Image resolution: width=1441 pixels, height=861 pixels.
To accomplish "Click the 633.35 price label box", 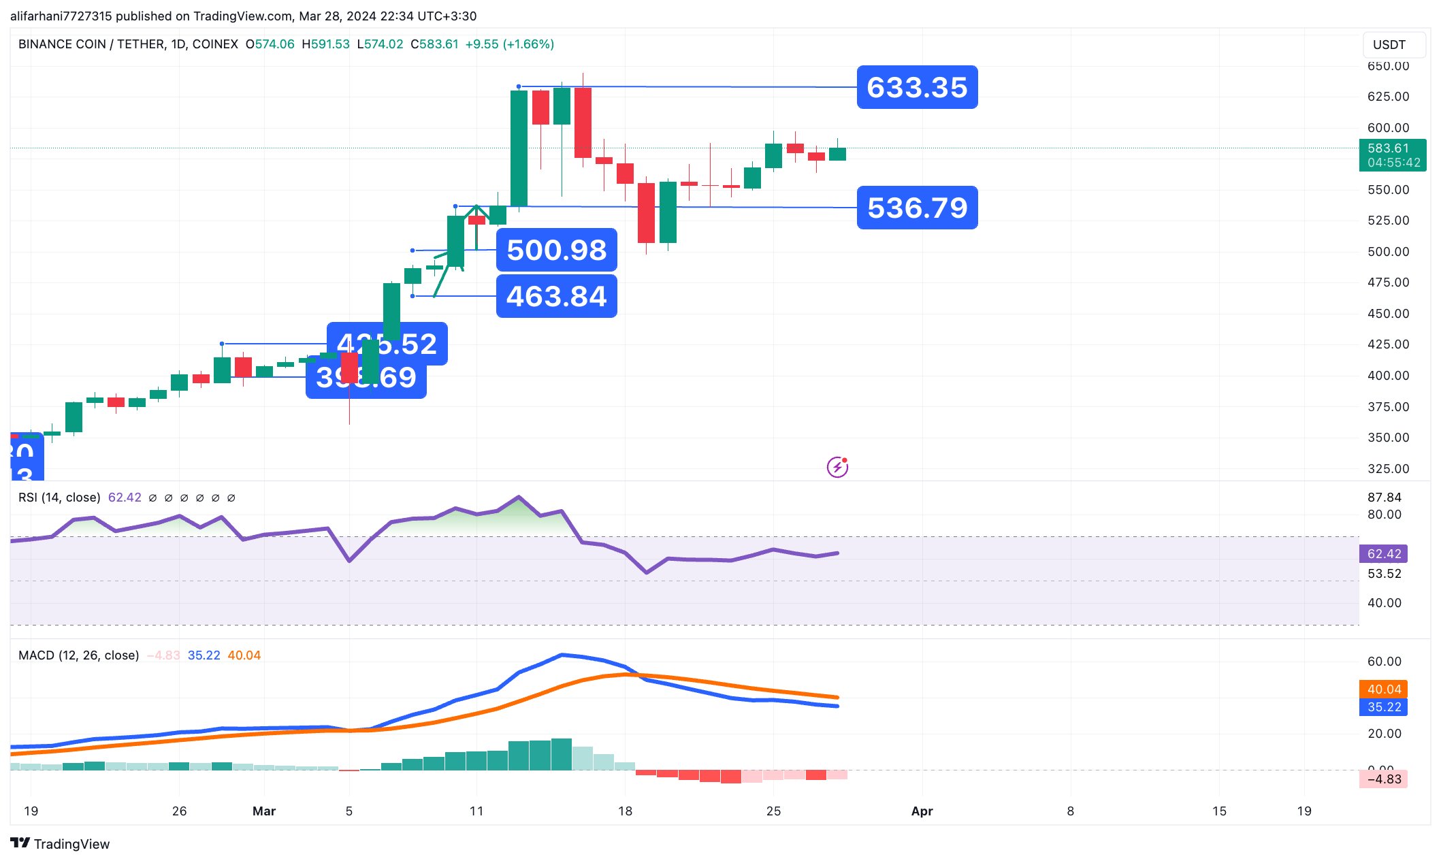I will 917,87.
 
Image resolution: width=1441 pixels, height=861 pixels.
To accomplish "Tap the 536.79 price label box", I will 917,208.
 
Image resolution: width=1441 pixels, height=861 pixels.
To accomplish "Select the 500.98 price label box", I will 556,250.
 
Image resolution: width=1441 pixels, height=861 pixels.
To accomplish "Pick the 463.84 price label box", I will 556,296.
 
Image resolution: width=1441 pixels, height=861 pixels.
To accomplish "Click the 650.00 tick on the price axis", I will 1388,66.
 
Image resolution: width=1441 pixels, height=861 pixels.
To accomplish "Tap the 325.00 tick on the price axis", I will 1388,468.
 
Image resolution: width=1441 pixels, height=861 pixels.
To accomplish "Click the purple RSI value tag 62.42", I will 1383,553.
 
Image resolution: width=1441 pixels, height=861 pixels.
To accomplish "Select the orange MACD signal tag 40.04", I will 1383,689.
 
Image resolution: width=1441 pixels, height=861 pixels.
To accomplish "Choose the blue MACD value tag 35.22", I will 1383,707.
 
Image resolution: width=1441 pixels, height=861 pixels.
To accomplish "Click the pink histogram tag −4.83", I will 1383,779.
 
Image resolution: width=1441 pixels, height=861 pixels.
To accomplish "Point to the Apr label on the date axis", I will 922,811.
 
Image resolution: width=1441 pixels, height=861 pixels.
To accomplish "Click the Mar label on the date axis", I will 264,811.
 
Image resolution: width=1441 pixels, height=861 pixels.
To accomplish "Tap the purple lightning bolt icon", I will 837,467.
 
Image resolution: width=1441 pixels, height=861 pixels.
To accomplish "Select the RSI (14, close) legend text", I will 59,498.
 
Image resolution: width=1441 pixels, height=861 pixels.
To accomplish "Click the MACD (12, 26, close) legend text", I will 78,655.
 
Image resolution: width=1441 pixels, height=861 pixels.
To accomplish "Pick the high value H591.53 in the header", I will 325,44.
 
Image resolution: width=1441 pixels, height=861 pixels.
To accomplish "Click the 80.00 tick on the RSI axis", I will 1384,515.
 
